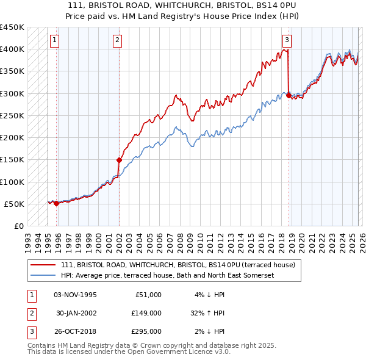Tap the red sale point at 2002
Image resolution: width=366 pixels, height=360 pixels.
coord(119,160)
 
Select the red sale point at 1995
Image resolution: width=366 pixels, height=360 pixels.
coord(56,203)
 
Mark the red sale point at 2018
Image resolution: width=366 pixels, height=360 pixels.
coord(289,95)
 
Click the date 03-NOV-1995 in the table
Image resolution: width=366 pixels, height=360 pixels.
coord(75,295)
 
